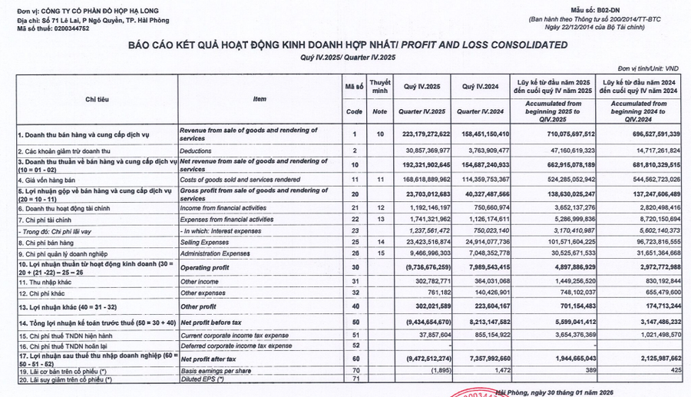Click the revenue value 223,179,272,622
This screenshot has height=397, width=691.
click(x=416, y=134)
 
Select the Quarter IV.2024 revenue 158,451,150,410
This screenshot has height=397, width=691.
click(x=482, y=134)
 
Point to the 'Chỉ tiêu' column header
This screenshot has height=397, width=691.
click(x=97, y=98)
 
